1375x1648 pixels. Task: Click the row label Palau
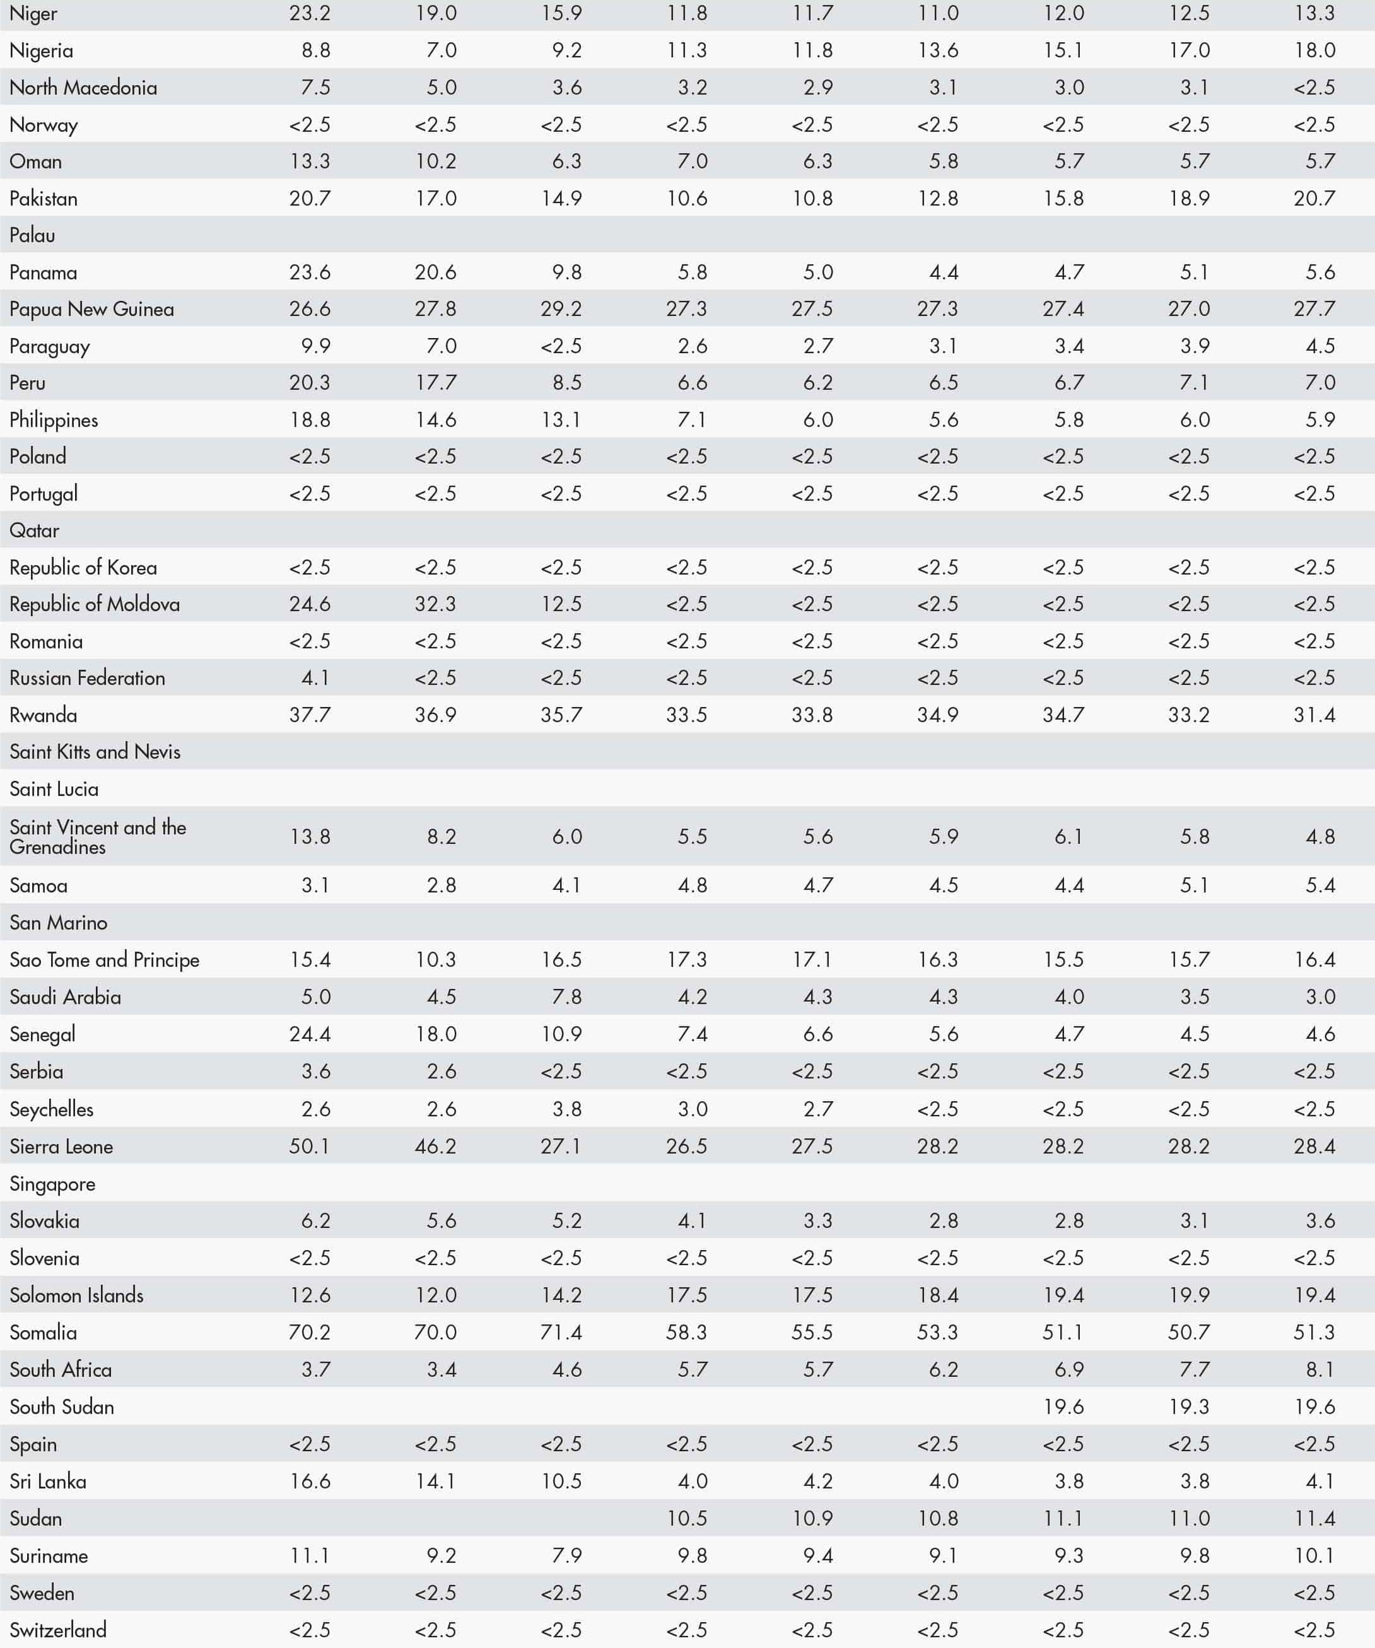[x=32, y=235]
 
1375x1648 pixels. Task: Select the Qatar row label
[x=35, y=530]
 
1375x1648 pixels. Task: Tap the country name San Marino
[x=58, y=923]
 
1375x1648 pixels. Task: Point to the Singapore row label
[x=52, y=1184]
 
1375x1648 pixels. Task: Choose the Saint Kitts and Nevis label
[x=95, y=752]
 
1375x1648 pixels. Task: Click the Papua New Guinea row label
[x=92, y=309]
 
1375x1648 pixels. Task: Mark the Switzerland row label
[x=58, y=1630]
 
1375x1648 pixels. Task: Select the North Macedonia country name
[x=83, y=87]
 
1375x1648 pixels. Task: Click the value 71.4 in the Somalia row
[x=561, y=1333]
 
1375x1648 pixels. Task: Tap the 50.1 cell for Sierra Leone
[x=310, y=1147]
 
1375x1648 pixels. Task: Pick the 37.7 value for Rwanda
[x=310, y=715]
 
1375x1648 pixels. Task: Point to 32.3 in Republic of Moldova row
[x=436, y=604]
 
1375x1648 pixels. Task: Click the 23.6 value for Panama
[x=310, y=272]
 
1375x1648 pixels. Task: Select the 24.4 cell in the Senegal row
[x=310, y=1034]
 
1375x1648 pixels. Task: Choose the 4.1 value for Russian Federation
[x=315, y=678]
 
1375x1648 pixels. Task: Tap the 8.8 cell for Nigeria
[x=315, y=50]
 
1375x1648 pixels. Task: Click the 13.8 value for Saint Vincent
[x=310, y=836]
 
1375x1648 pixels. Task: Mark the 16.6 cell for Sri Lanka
[x=310, y=1481]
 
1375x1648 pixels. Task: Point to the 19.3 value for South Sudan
[x=1189, y=1407]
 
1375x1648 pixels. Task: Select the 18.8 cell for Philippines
[x=310, y=420]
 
